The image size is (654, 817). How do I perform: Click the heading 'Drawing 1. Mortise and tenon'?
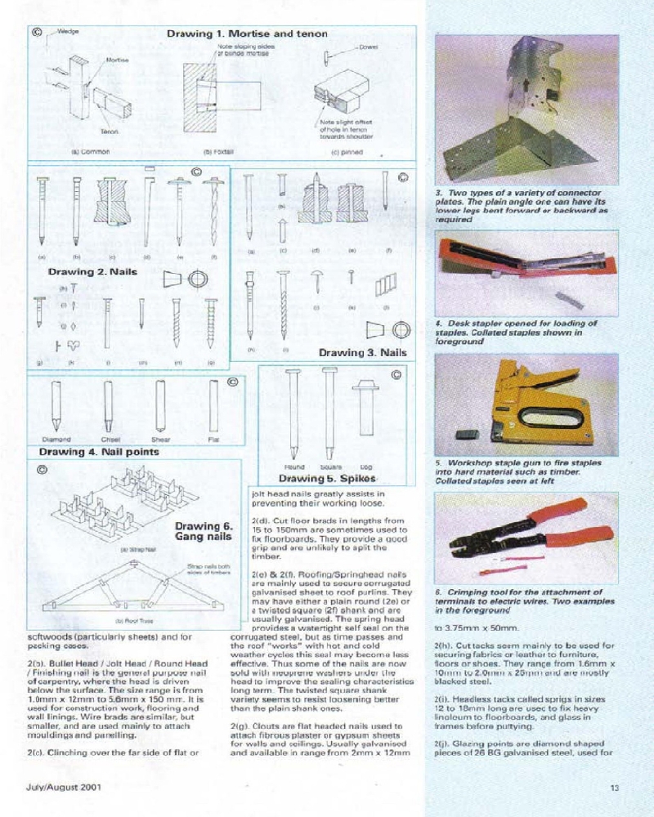(247, 33)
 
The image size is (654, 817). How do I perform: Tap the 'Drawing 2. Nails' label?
(92, 271)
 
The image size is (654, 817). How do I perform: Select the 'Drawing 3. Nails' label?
(362, 352)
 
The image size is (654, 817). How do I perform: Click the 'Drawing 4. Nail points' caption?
(99, 451)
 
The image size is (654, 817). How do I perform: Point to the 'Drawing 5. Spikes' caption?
(326, 478)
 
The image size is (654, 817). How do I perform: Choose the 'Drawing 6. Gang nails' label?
(204, 532)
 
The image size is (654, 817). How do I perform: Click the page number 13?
(614, 788)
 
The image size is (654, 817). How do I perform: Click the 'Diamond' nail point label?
(53, 439)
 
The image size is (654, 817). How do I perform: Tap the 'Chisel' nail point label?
(109, 439)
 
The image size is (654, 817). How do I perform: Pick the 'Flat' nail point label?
(214, 439)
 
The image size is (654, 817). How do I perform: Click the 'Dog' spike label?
(366, 467)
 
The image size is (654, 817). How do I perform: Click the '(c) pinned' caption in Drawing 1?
(347, 151)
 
